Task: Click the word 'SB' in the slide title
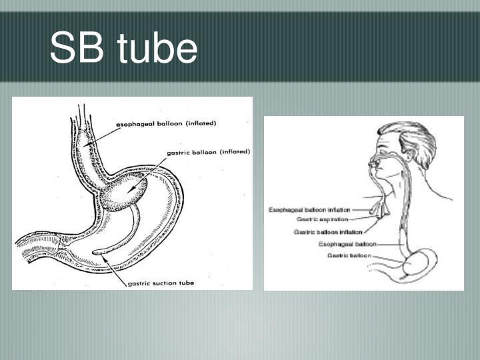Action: (76, 49)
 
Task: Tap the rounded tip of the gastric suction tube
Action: (96, 251)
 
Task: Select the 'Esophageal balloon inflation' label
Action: (309, 209)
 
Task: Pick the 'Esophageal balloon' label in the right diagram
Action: (347, 244)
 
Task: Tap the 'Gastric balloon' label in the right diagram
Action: (349, 255)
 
